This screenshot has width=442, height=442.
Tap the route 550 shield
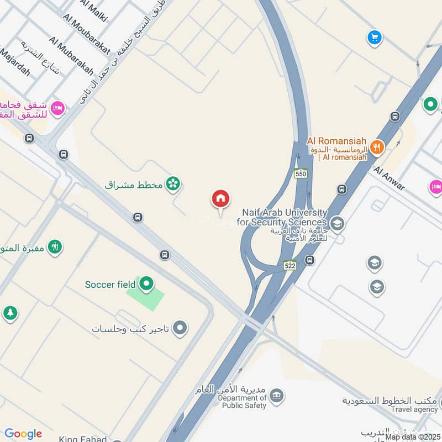pos(301,173)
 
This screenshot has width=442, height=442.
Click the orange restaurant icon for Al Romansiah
pos(378,146)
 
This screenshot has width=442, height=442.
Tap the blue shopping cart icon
pos(375,38)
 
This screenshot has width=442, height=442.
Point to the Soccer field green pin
pos(146,285)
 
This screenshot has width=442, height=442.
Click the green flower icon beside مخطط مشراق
pos(173,184)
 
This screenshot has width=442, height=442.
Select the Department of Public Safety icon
pos(277,395)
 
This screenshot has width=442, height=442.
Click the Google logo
pos(23,434)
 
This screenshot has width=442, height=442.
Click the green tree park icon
pos(10,313)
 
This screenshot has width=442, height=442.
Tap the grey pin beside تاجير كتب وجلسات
pos(180,329)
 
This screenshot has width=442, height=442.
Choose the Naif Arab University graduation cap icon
pos(337,224)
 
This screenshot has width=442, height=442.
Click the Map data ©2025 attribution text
pos(413,436)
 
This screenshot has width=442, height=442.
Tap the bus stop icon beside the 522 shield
pos(310,260)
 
